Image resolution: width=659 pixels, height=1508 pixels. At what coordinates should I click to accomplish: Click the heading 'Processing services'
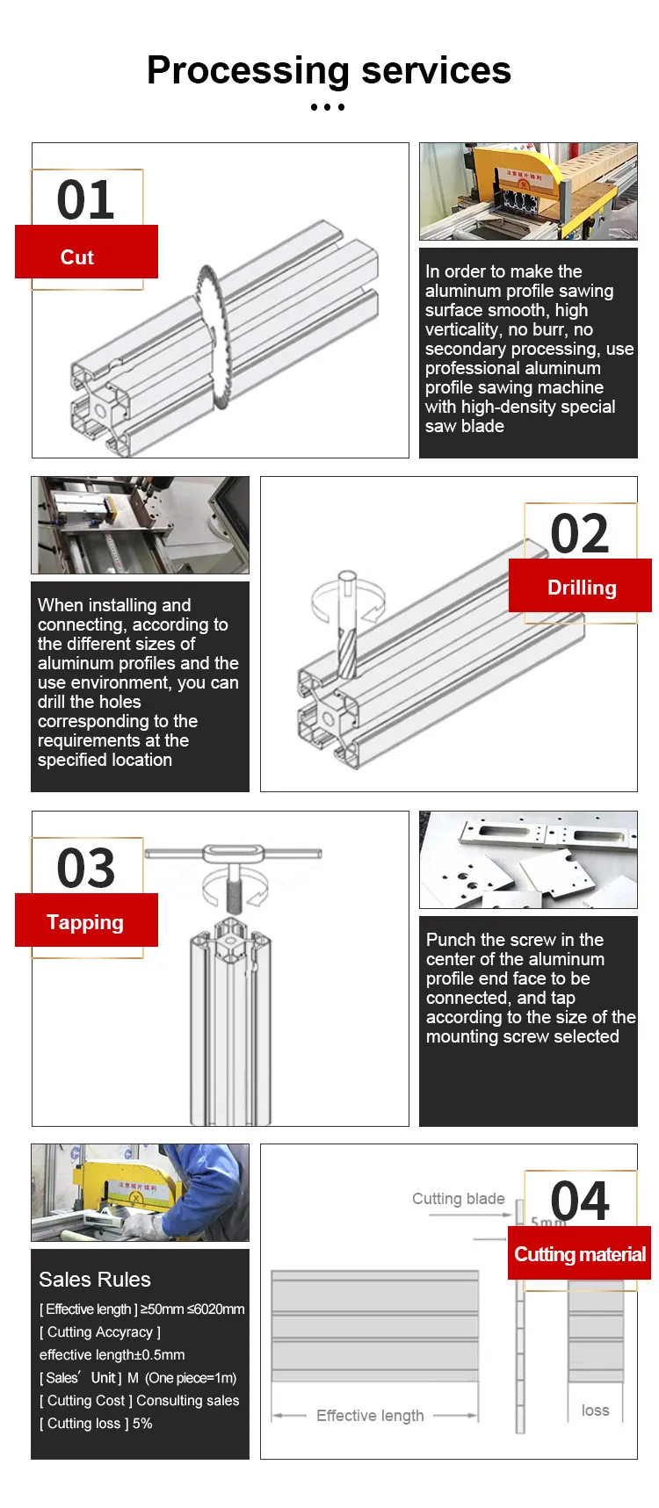pyautogui.click(x=329, y=70)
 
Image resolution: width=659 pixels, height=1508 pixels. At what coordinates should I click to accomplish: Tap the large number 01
pyautogui.click(x=86, y=199)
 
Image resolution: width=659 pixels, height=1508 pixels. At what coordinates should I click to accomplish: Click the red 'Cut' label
pyautogui.click(x=77, y=257)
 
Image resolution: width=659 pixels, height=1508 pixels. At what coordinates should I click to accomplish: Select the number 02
pyautogui.click(x=580, y=533)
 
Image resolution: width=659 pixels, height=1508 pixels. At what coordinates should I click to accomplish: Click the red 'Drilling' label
pyautogui.click(x=582, y=588)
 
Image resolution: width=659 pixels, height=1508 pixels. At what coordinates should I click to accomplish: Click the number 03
pyautogui.click(x=86, y=868)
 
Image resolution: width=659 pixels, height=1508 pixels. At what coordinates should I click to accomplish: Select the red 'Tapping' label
pyautogui.click(x=85, y=922)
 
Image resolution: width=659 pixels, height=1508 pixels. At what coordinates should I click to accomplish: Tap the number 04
pyautogui.click(x=580, y=1201)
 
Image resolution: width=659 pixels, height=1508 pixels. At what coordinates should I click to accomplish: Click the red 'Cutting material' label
pyautogui.click(x=580, y=1254)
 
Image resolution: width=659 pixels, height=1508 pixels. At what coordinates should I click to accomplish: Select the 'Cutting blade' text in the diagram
pyautogui.click(x=459, y=1199)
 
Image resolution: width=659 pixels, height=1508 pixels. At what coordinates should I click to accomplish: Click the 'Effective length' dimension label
pyautogui.click(x=370, y=1415)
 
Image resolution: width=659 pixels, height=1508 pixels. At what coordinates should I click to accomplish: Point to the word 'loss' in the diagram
pyautogui.click(x=595, y=1410)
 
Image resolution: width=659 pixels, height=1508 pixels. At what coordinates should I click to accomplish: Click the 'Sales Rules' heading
pyautogui.click(x=95, y=1280)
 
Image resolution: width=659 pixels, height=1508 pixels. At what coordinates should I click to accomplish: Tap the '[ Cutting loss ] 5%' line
pyautogui.click(x=96, y=1423)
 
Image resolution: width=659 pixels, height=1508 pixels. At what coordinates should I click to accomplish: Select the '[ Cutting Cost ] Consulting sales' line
pyautogui.click(x=140, y=1400)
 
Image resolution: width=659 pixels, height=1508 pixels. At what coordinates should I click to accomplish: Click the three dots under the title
pyautogui.click(x=328, y=107)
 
